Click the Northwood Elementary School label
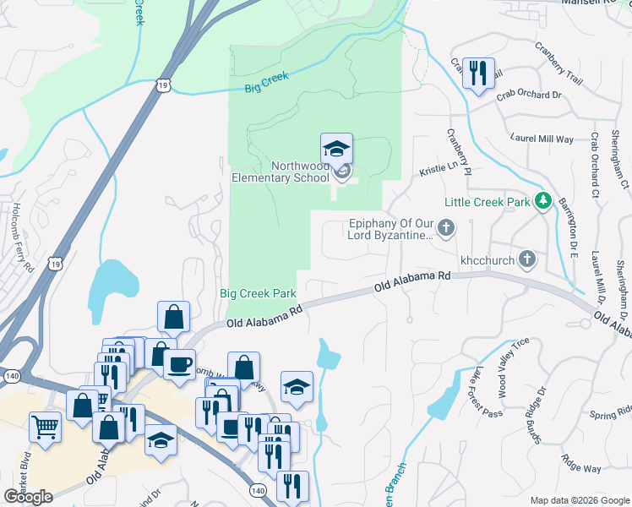pyautogui.click(x=281, y=172)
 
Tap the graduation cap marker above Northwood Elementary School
pyautogui.click(x=336, y=150)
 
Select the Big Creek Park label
pyautogui.click(x=258, y=294)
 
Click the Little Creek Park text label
pyautogui.click(x=488, y=202)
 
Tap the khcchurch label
pyautogui.click(x=487, y=260)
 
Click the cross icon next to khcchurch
pyautogui.click(x=526, y=259)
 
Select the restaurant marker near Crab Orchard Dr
pyautogui.click(x=478, y=73)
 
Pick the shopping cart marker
pyautogui.click(x=45, y=426)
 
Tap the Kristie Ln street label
pyautogui.click(x=438, y=171)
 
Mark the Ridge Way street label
pyautogui.click(x=581, y=464)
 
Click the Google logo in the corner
pyautogui.click(x=28, y=496)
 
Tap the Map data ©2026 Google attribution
pyautogui.click(x=580, y=500)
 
